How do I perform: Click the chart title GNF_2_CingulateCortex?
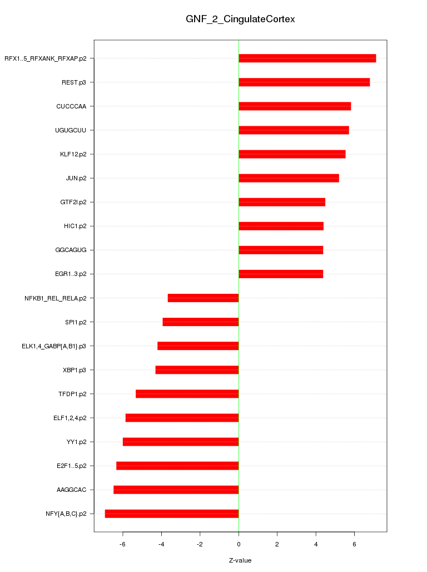coord(240,19)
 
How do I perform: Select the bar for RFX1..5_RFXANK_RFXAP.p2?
coord(307,58)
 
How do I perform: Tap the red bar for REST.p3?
coord(304,82)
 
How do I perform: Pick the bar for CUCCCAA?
coord(295,106)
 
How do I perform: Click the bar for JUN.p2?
coord(289,178)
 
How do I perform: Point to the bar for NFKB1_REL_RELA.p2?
coord(203,298)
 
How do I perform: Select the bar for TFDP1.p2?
coord(187,394)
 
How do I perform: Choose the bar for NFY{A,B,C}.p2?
coord(172,514)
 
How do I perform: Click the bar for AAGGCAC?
coord(176,490)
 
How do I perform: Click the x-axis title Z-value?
coord(240,560)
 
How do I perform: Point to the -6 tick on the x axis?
coord(123,544)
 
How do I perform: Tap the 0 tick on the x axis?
coord(239,544)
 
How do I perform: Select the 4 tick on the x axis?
coord(316,544)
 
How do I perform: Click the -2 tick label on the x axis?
coord(200,544)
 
